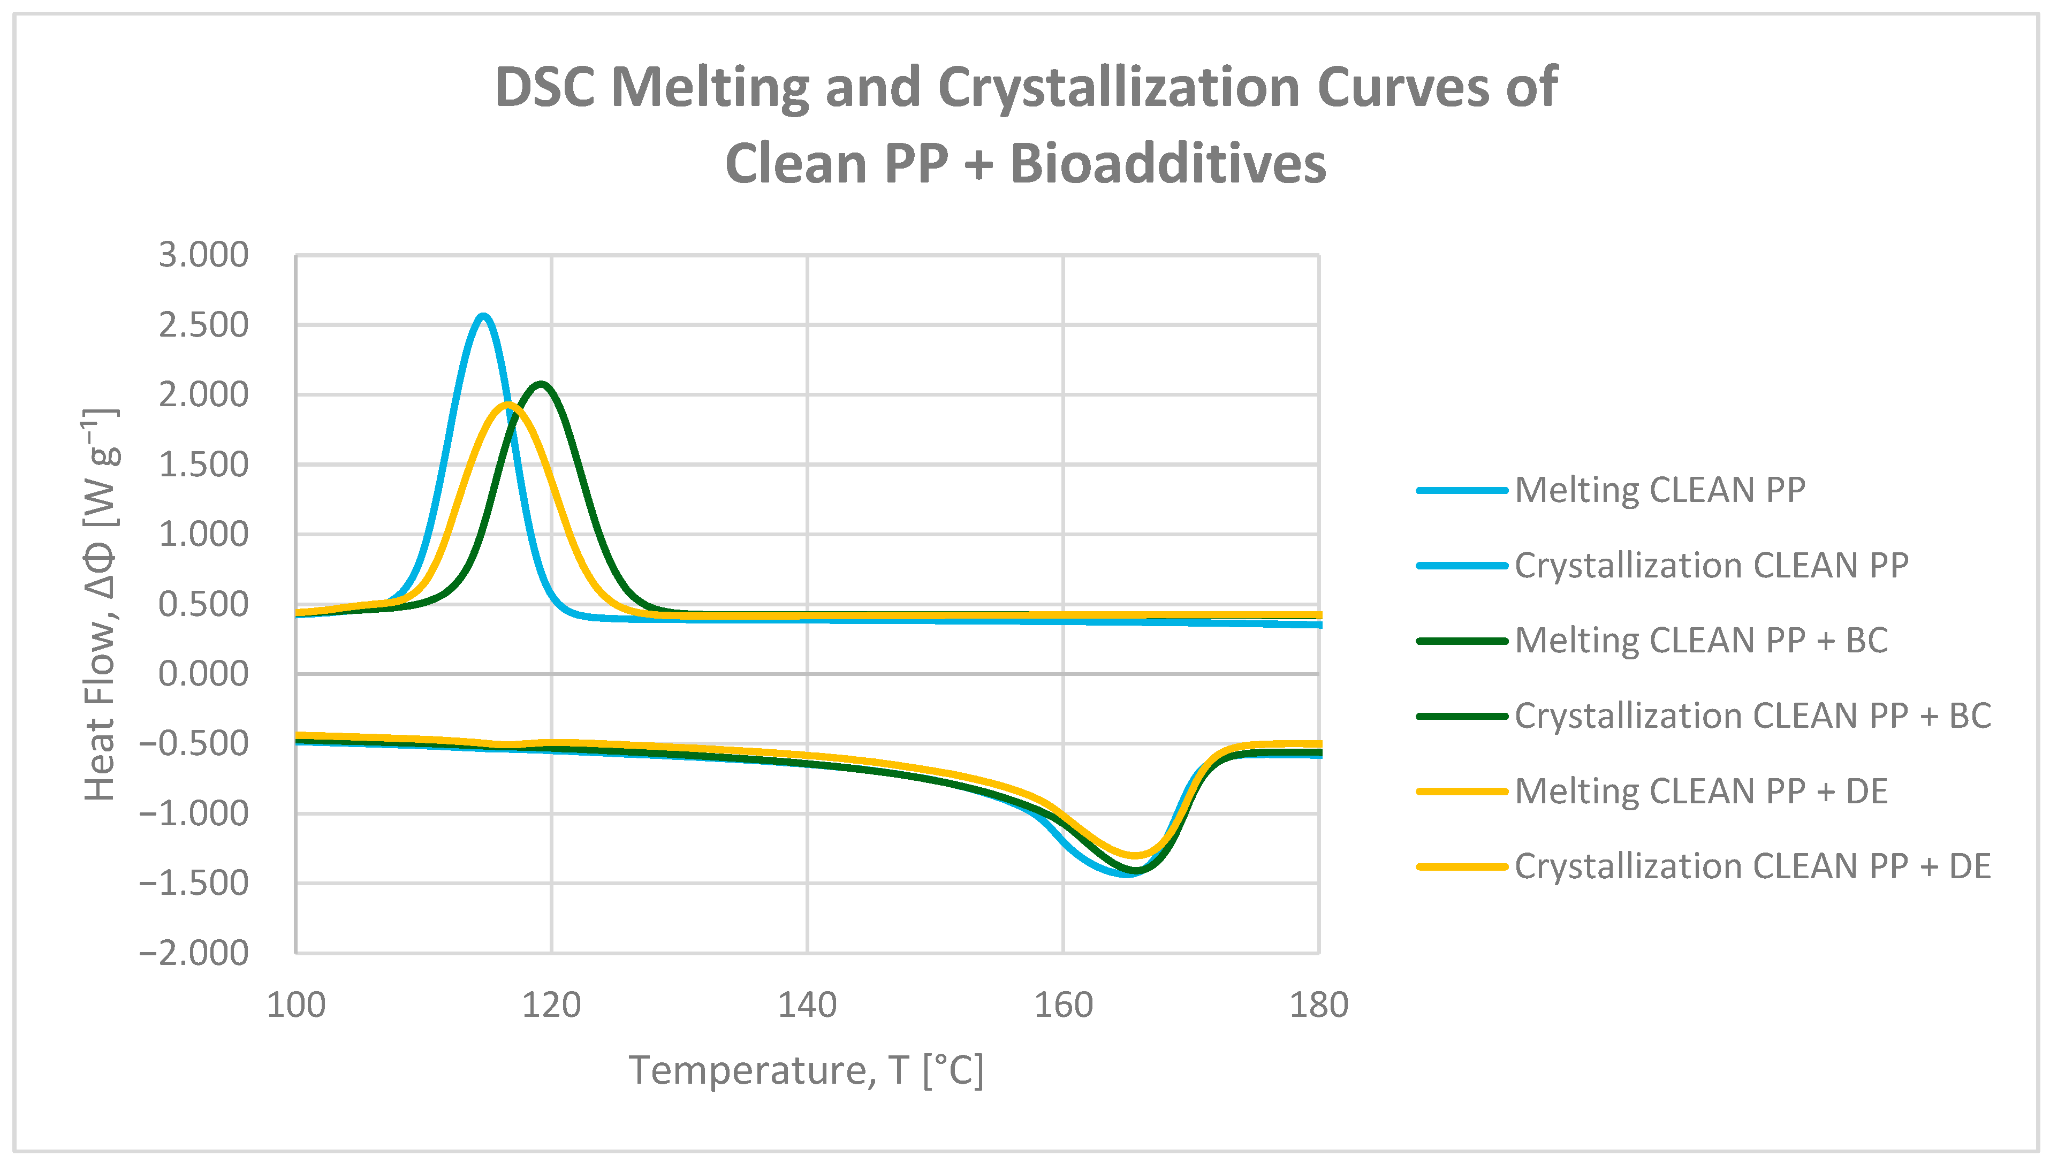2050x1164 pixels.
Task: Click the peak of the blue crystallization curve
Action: tap(482, 317)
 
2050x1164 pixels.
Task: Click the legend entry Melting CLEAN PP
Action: tap(1659, 490)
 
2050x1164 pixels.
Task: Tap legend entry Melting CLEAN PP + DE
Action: tap(1700, 792)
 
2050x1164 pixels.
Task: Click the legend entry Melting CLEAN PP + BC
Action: tap(1700, 641)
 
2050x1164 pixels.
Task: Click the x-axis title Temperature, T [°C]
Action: tap(806, 1070)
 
